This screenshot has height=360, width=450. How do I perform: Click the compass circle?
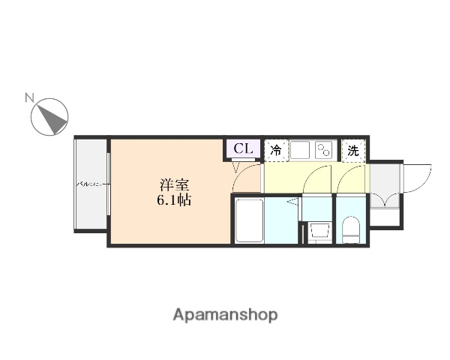click(x=50, y=117)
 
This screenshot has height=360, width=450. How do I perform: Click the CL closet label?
click(x=243, y=148)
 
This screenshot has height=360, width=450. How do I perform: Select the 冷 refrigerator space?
click(x=276, y=150)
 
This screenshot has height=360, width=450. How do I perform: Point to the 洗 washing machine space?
click(x=353, y=150)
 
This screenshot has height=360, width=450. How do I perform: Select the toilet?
click(x=350, y=229)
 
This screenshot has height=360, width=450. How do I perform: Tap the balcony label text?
click(x=92, y=183)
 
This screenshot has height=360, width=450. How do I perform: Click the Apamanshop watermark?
click(x=225, y=314)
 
